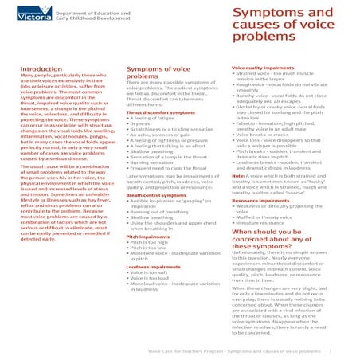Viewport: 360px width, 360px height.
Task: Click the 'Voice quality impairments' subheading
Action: click(x=262, y=68)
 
